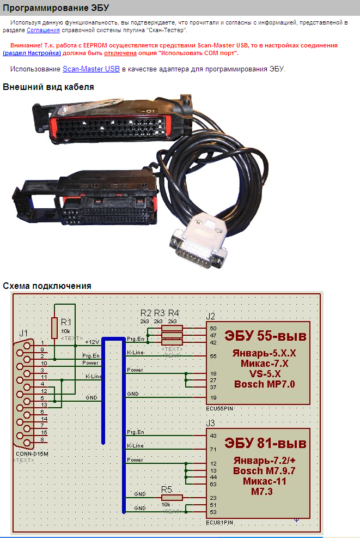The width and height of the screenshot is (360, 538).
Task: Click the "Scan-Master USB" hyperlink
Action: (x=91, y=69)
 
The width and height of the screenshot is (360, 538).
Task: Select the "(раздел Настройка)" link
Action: (x=32, y=53)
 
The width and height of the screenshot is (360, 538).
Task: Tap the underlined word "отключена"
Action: (x=120, y=53)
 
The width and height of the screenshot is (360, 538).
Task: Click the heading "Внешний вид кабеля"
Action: (x=48, y=87)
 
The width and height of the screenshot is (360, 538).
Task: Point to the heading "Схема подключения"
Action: (x=47, y=286)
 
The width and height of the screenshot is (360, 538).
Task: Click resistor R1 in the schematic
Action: (x=54, y=328)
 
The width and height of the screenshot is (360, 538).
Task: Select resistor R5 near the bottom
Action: (x=172, y=497)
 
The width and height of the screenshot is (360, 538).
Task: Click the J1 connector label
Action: (x=23, y=333)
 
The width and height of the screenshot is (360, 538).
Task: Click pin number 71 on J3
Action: (x=213, y=450)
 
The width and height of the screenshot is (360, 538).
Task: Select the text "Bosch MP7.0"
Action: (x=264, y=384)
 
